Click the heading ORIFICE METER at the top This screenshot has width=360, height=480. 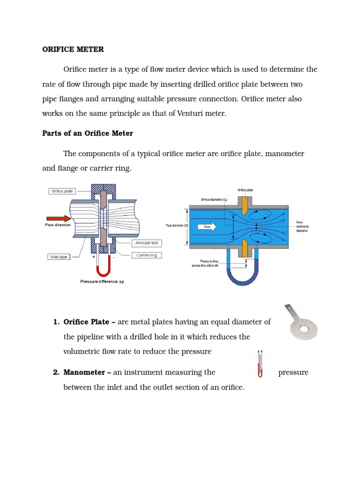pyautogui.click(x=73, y=49)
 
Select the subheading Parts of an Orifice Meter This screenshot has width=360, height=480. pyautogui.click(x=88, y=134)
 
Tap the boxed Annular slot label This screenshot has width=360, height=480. pyautogui.click(x=146, y=243)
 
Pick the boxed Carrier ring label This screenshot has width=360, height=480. pyautogui.click(x=146, y=255)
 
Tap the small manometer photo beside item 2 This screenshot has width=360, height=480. pyautogui.click(x=259, y=363)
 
